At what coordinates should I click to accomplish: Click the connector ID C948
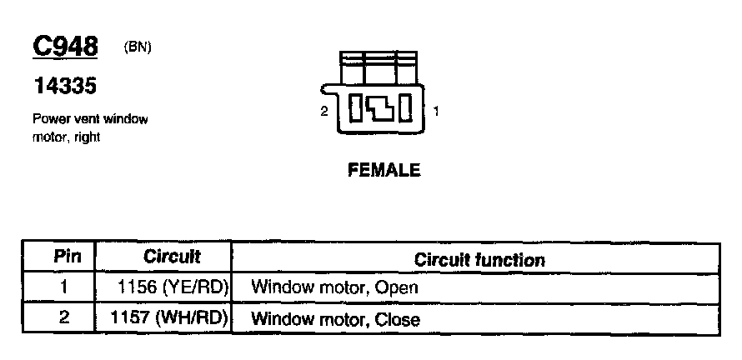(65, 47)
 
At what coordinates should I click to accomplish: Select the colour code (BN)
(138, 47)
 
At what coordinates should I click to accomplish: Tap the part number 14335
(65, 85)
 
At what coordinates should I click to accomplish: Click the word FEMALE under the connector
(384, 172)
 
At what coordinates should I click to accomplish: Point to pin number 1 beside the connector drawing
(436, 110)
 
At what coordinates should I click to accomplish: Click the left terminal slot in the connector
(355, 109)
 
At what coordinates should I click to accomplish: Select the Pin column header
(67, 257)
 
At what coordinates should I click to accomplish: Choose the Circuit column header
(172, 257)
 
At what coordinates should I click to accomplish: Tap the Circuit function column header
(479, 260)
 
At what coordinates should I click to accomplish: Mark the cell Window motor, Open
(333, 288)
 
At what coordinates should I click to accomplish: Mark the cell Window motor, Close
(335, 318)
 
